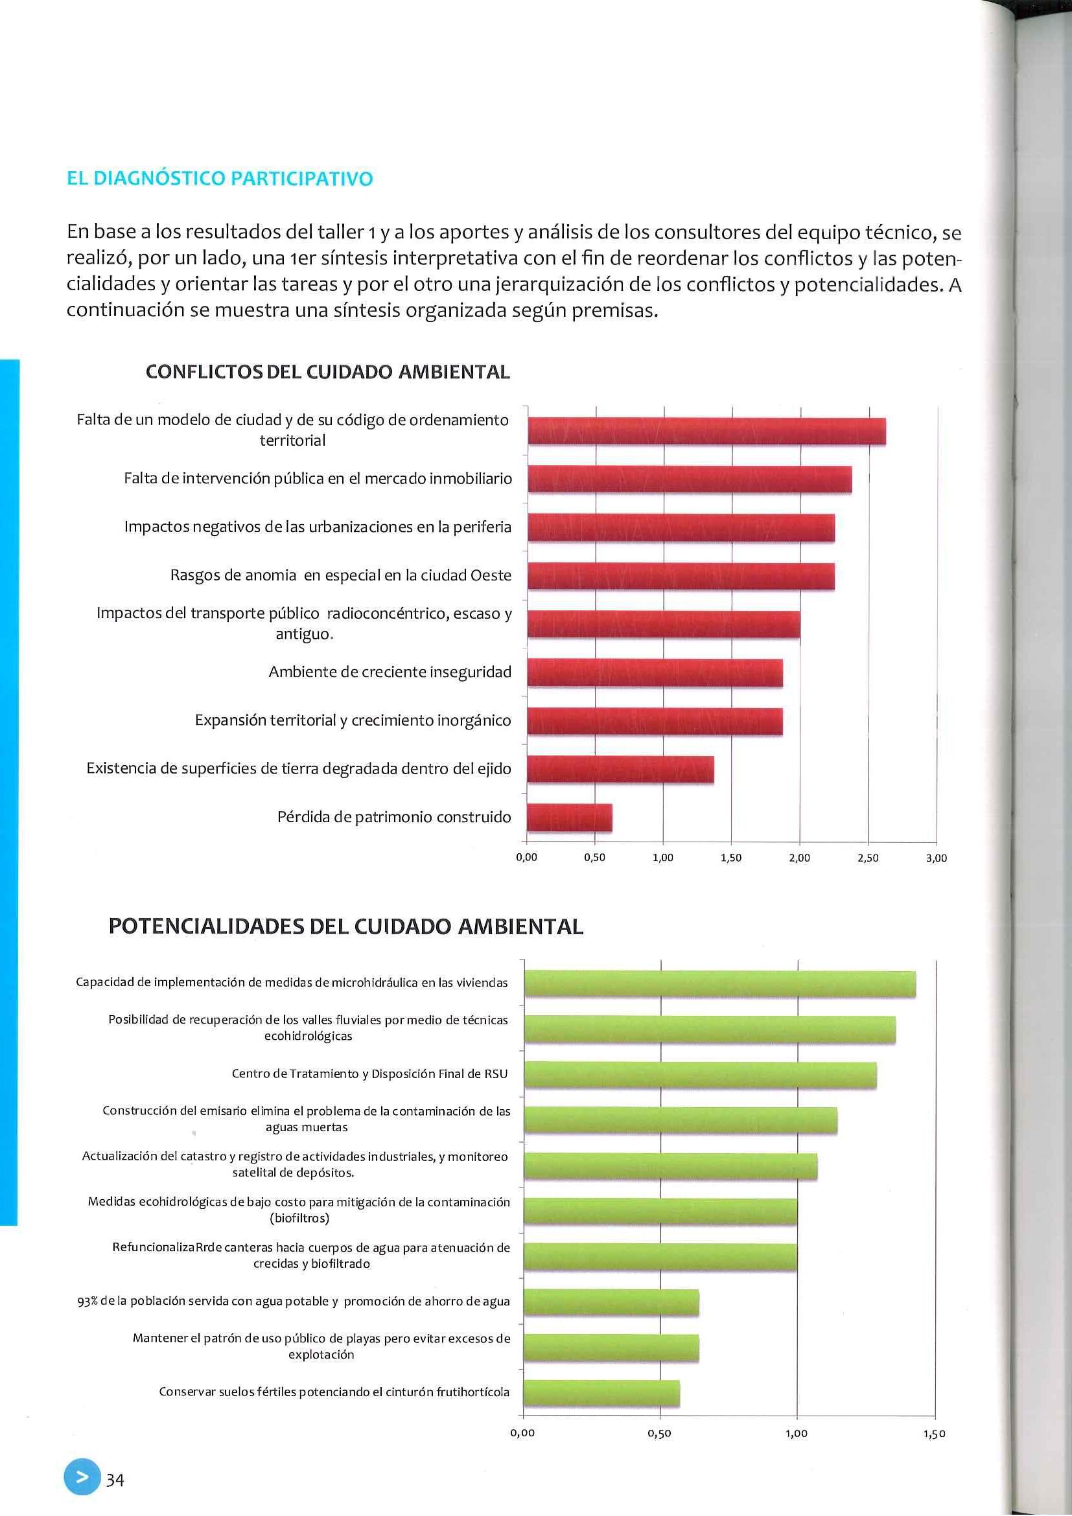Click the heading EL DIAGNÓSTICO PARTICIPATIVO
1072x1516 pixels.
[x=219, y=179]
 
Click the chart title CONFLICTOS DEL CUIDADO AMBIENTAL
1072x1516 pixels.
[x=327, y=372]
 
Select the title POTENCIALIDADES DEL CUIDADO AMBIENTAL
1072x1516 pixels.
[x=345, y=926]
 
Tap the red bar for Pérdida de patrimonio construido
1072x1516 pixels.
[x=569, y=818]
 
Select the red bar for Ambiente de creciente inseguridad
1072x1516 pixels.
[x=655, y=673]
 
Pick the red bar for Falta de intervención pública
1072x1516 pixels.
[x=689, y=479]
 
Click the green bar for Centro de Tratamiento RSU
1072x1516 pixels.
[x=700, y=1074]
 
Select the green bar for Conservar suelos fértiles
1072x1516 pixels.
[x=601, y=1393]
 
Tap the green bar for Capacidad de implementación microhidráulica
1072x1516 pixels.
[x=719, y=984]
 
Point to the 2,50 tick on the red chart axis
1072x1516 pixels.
[x=868, y=858]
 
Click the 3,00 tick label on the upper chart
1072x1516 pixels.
[x=937, y=858]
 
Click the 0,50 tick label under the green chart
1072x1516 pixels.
[x=660, y=1434]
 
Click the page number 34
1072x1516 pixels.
[x=115, y=1480]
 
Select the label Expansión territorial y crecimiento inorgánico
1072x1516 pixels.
[x=353, y=720]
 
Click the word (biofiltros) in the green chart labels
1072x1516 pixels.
[x=299, y=1218]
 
